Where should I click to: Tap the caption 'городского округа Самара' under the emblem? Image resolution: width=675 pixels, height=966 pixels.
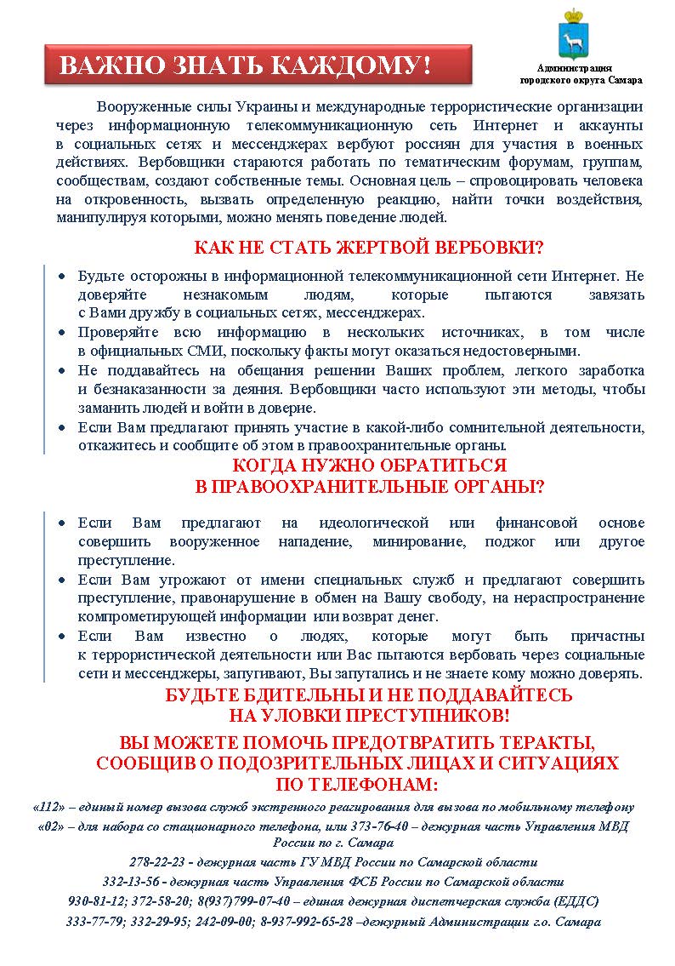581,80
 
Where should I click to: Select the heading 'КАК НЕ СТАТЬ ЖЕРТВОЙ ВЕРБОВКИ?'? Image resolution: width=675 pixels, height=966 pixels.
369,248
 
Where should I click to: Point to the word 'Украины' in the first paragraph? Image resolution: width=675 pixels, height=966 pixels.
252,106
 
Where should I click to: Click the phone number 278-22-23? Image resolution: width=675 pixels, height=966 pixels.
156,861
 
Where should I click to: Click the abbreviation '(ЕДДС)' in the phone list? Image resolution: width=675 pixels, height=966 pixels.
577,900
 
